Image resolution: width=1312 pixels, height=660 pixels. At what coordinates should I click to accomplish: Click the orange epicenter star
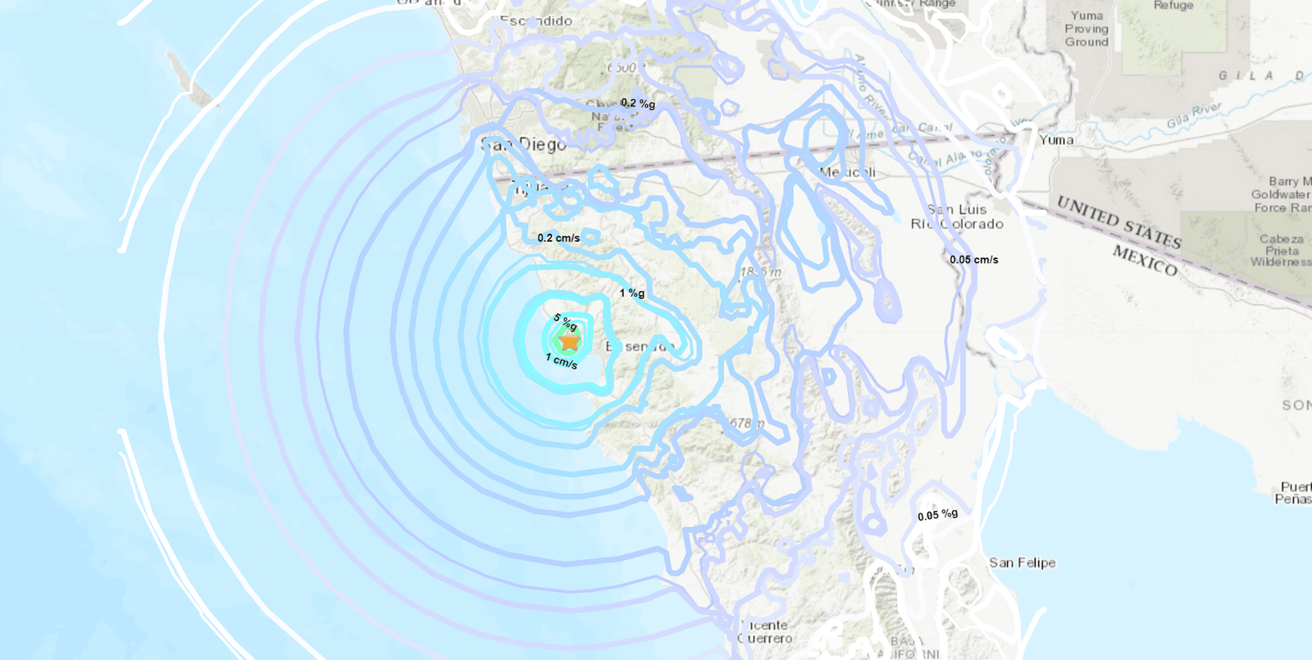(568, 340)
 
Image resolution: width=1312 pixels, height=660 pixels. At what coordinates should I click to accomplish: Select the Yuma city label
(1056, 140)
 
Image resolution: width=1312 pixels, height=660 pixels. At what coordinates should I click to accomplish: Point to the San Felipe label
(1022, 562)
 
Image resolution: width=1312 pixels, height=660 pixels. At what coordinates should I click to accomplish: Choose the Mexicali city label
(848, 172)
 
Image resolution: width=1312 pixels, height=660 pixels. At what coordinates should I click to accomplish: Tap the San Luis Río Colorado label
(957, 216)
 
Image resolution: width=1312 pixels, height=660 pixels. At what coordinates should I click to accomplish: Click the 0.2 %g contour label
(638, 103)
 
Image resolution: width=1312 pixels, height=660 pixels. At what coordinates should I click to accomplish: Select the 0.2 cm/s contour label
(558, 238)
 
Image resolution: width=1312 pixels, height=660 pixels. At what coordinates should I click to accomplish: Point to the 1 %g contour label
(631, 293)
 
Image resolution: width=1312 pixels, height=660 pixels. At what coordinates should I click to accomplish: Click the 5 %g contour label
(565, 322)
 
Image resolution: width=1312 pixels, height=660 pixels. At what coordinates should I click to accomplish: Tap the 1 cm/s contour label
(562, 361)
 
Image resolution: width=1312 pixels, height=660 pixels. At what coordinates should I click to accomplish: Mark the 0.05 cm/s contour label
(974, 260)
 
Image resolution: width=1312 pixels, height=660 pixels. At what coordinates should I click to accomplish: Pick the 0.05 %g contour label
(937, 515)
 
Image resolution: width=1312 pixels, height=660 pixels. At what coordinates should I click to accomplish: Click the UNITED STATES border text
(1118, 221)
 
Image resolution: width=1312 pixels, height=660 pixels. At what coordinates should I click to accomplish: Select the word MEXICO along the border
(1145, 260)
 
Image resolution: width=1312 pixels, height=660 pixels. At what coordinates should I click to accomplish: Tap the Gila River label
(1194, 116)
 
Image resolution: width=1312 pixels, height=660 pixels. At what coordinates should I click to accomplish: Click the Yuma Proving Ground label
(1086, 29)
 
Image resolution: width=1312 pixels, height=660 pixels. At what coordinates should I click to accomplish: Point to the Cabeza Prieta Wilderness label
(1281, 250)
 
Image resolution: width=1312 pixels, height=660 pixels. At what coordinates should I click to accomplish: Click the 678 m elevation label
(746, 424)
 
